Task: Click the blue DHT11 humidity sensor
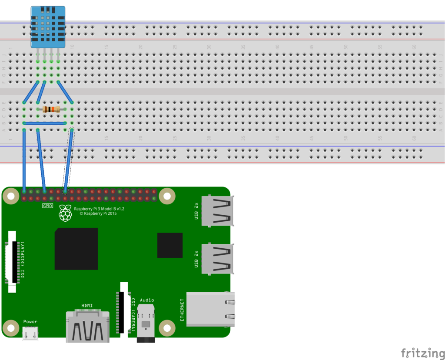point(48,27)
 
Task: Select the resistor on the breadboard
point(52,110)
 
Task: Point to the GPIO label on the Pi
point(47,206)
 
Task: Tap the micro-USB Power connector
point(30,333)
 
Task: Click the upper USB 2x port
point(217,210)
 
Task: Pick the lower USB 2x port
point(217,259)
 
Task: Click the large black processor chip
point(76,249)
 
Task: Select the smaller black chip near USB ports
point(170,245)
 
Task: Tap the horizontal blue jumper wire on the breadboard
point(45,123)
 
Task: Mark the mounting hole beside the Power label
point(10,327)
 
